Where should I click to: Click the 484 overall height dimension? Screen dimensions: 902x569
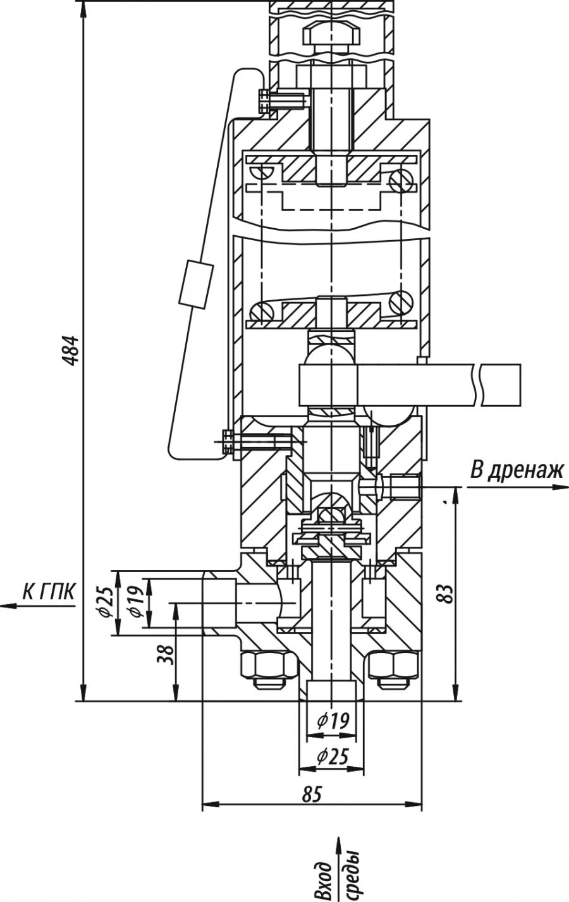[74, 350]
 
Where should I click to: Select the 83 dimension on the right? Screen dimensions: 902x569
[446, 593]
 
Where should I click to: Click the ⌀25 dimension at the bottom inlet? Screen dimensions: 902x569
[332, 756]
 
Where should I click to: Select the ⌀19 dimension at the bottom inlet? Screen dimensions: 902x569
[332, 722]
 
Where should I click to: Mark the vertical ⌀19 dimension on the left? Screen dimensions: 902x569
[134, 602]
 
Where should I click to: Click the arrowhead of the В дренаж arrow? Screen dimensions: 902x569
[559, 487]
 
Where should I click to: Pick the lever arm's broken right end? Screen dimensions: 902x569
[499, 385]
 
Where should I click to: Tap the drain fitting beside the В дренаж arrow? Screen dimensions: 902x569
[405, 486]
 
